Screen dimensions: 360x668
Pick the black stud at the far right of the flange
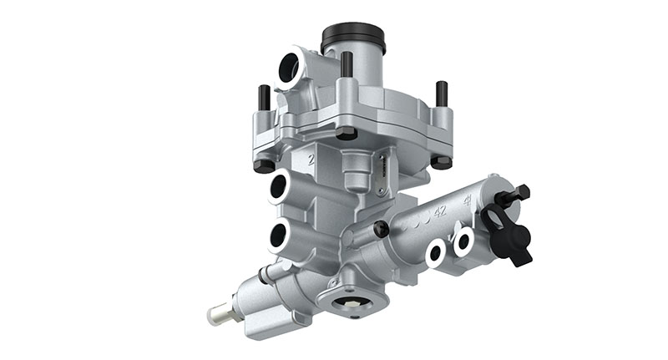pos(441,93)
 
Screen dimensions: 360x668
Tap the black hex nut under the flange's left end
pos(264,165)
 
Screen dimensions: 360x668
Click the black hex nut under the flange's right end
pos(441,160)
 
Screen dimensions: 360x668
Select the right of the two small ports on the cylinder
pos(463,243)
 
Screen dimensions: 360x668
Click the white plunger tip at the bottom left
pos(219,315)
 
